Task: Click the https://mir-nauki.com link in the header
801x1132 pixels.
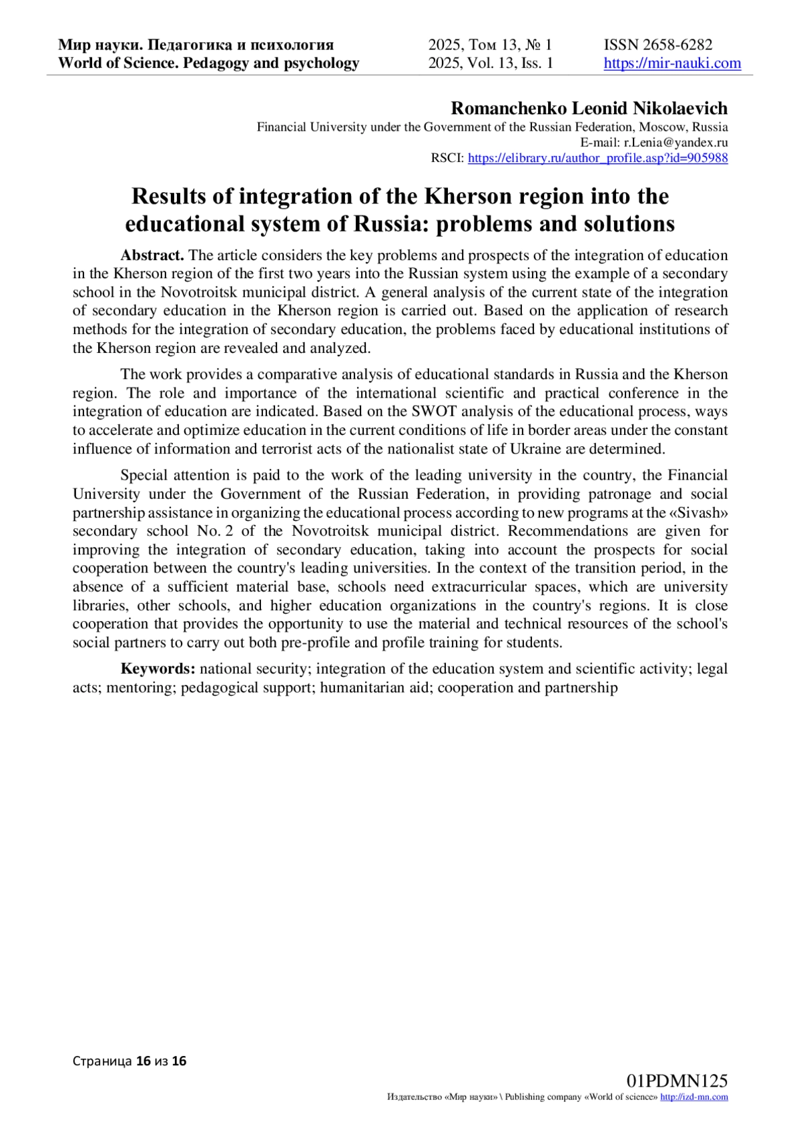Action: [672, 63]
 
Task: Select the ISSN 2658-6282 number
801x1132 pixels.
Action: [658, 45]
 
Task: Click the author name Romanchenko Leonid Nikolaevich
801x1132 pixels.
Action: [589, 108]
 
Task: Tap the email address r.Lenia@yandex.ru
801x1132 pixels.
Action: [676, 142]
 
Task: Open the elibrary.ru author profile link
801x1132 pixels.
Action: [597, 158]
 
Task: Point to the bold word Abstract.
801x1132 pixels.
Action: [152, 255]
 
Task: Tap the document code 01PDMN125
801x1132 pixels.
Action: [677, 1081]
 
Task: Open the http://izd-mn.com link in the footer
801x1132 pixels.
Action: [694, 1097]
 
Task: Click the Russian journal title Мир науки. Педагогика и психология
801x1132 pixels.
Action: [196, 45]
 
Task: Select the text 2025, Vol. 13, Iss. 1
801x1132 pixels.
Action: [491, 63]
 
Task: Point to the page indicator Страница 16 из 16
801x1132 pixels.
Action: [129, 1061]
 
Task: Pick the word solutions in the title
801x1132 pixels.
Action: [621, 224]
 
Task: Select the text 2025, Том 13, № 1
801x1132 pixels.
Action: [490, 45]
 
